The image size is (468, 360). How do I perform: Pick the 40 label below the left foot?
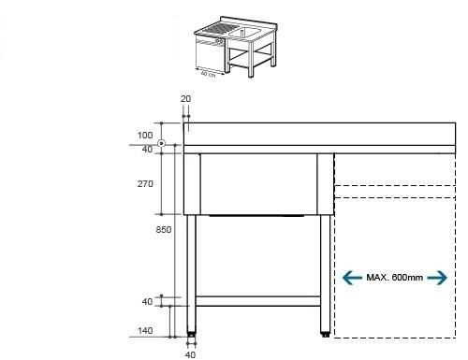pos(190,353)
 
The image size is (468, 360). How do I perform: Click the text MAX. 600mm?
pos(394,278)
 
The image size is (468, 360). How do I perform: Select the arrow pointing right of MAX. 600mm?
pos(437,278)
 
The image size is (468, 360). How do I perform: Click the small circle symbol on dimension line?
pos(163,144)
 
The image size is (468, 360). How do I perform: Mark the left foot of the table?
pos(191,332)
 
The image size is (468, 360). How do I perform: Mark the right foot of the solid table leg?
pos(326,332)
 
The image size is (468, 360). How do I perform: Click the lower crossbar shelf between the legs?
pos(258,302)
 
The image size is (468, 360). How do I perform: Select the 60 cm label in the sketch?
pos(207,74)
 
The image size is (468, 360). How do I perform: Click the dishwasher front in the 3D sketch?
pos(208,53)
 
